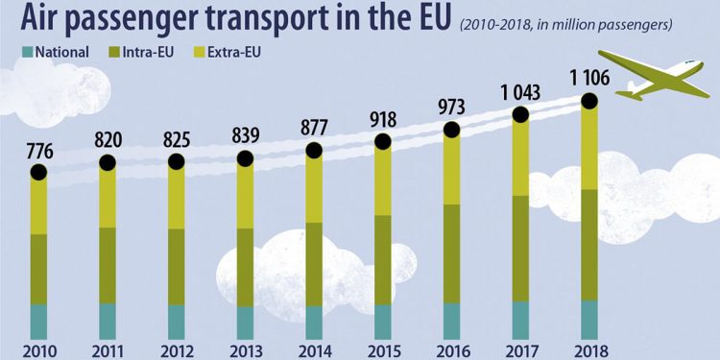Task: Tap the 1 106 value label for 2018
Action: [x=589, y=74]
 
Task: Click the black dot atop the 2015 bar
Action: [x=383, y=141]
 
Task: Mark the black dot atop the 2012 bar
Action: [x=176, y=161]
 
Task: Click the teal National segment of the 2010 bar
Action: [x=38, y=322]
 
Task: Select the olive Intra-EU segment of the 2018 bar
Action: [x=589, y=245]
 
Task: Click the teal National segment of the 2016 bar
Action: [x=452, y=321]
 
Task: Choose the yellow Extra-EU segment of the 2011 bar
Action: [x=108, y=197]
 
